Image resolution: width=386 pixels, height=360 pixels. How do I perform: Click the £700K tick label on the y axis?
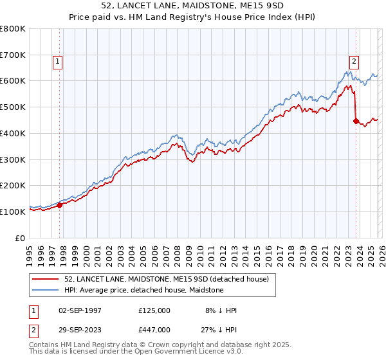pyautogui.click(x=13, y=55)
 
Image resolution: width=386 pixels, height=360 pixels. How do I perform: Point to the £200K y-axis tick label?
pyautogui.click(x=13, y=185)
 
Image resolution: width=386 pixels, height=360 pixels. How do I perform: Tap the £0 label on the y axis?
pyautogui.click(x=21, y=237)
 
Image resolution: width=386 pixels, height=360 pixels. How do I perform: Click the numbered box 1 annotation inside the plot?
pyautogui.click(x=58, y=62)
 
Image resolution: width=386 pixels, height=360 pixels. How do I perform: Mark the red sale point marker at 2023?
pyautogui.click(x=356, y=121)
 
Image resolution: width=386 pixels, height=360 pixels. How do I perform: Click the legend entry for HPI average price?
pyautogui.click(x=143, y=290)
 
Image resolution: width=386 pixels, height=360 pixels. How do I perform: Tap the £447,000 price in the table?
pyautogui.click(x=154, y=330)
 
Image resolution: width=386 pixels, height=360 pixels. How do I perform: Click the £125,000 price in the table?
pyautogui.click(x=154, y=310)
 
